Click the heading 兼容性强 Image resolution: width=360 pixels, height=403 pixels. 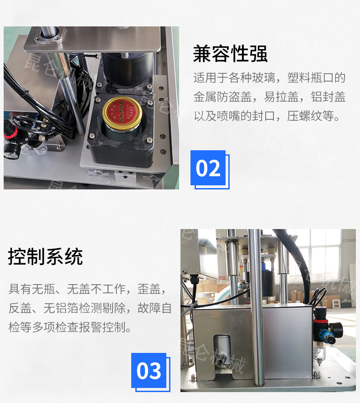click(x=230, y=54)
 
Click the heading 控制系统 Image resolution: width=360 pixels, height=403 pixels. click(x=45, y=256)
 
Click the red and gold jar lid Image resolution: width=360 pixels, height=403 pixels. click(x=122, y=111)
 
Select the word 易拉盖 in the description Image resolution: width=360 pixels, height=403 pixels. click(x=281, y=97)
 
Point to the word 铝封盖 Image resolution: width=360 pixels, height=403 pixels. click(x=328, y=97)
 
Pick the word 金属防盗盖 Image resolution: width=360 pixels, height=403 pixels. click(x=222, y=97)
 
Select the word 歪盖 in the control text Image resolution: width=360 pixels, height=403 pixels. click(x=149, y=289)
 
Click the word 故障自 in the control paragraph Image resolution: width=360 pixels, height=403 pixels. click(x=154, y=308)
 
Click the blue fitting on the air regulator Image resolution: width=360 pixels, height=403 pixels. click(x=326, y=336)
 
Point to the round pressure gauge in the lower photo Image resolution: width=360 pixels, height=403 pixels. click(x=336, y=329)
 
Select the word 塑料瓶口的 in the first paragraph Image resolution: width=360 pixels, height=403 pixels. click(x=316, y=78)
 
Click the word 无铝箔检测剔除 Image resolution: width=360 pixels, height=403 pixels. click(x=85, y=308)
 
